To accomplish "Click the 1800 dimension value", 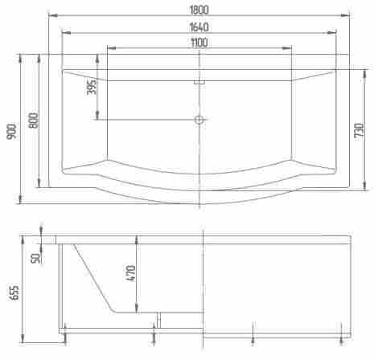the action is click(x=199, y=10).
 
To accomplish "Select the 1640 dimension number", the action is click(x=199, y=27).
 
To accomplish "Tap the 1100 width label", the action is click(x=199, y=43).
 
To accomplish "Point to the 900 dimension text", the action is click(x=11, y=131).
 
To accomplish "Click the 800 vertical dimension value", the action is click(x=34, y=121).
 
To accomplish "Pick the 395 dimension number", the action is click(x=92, y=87).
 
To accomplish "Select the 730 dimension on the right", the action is click(x=360, y=130).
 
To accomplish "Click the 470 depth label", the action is click(x=131, y=273).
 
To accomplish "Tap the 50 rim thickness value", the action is click(x=35, y=258).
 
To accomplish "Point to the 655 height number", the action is click(x=14, y=292).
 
